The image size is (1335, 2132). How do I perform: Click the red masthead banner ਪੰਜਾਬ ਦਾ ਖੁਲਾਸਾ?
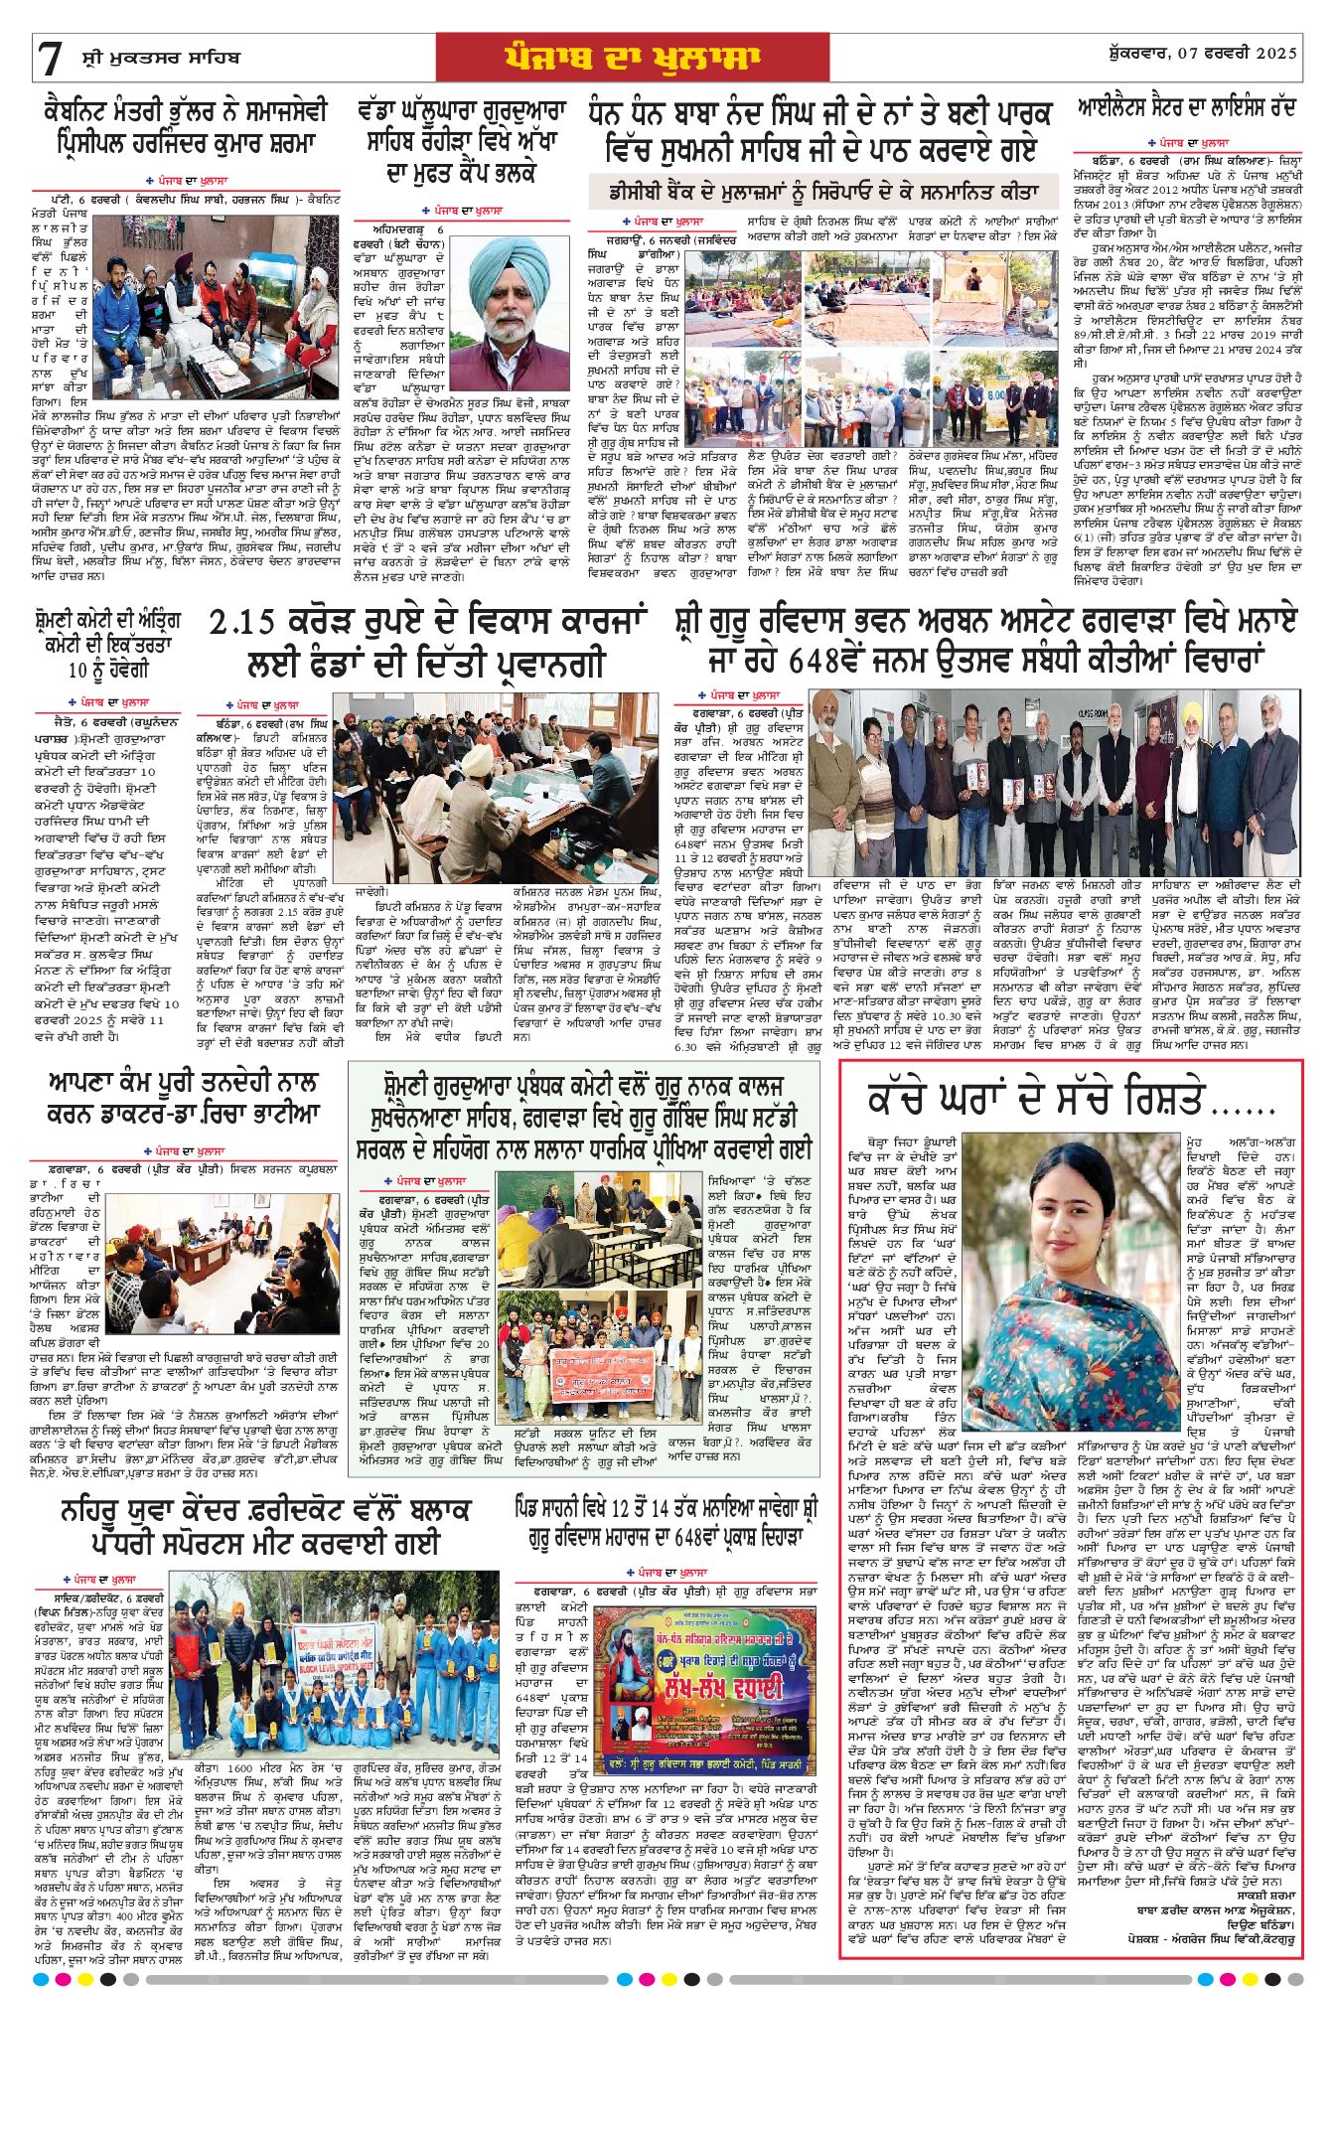(632, 58)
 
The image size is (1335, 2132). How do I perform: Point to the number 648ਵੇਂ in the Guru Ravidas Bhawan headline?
(841, 660)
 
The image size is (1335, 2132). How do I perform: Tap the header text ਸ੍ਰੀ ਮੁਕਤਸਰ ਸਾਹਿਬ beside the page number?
(154, 58)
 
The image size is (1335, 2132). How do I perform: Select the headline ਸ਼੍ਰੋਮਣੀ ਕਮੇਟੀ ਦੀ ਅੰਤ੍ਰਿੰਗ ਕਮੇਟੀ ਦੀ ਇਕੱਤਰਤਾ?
(106, 645)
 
